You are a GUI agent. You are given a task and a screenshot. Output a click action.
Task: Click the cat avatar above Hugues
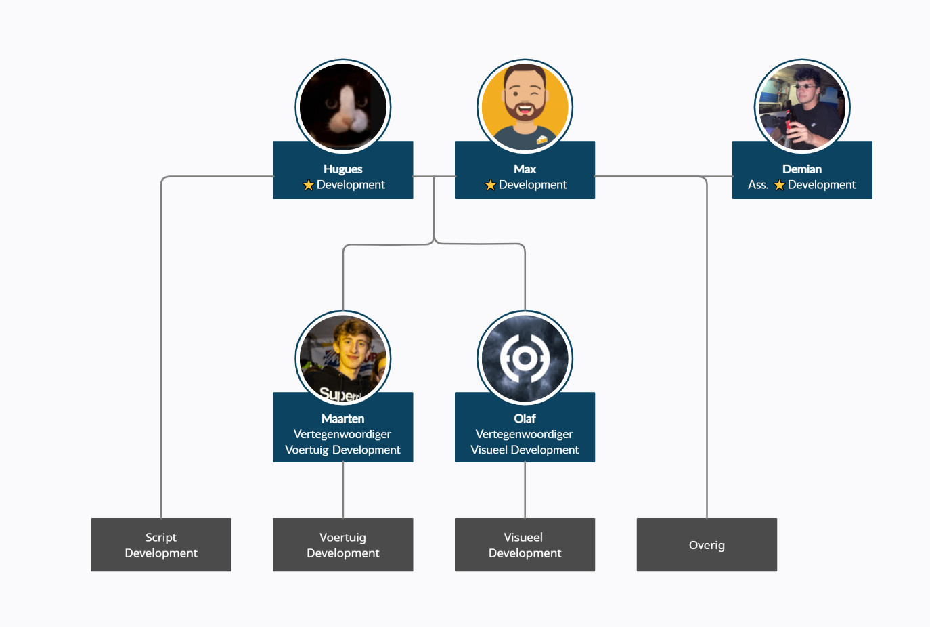[x=343, y=107]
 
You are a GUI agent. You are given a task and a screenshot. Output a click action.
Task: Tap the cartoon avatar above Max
[x=525, y=107]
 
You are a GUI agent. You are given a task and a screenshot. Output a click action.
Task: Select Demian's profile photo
[x=802, y=107]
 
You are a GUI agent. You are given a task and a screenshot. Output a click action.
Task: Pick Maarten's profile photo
[x=343, y=358]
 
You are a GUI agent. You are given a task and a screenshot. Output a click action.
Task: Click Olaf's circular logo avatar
[x=525, y=358]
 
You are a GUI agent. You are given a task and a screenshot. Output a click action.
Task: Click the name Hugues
[x=343, y=169]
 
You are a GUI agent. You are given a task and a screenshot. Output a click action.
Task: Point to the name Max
[x=525, y=169]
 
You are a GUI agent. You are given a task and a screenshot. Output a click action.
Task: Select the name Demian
[x=802, y=169]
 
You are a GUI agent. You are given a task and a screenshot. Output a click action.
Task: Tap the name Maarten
[x=343, y=419]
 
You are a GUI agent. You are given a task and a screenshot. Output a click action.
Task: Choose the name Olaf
[x=525, y=419]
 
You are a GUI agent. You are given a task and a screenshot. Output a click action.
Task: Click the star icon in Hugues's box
[x=309, y=185]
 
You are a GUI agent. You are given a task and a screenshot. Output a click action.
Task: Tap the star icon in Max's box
[x=491, y=185]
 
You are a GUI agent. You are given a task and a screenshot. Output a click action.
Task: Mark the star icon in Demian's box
[x=780, y=185]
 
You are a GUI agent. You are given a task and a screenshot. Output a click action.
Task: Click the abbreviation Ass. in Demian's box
[x=758, y=185]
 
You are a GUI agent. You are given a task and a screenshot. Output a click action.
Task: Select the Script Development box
[x=161, y=545]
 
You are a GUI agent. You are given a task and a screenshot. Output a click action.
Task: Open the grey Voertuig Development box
[x=343, y=545]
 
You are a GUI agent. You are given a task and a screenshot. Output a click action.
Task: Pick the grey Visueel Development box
[x=525, y=545]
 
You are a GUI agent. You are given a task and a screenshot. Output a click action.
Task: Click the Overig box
[x=707, y=545]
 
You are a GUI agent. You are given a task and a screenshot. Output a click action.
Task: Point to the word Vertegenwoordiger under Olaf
[x=525, y=434]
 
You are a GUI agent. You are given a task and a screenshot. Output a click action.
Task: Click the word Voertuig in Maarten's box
[x=307, y=450]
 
